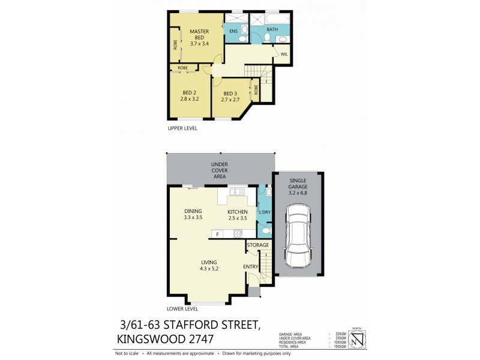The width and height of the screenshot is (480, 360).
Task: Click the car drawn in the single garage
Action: tap(299, 236)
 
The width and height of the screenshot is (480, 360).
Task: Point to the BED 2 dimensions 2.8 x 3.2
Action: tap(190, 98)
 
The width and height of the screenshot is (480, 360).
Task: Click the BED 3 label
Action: tap(230, 94)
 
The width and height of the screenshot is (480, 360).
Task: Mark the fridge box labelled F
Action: tap(217, 233)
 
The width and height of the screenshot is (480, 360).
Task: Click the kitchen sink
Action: tap(235, 192)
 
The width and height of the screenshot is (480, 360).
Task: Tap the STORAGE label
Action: tap(258, 245)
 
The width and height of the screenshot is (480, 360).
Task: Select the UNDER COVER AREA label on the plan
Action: tap(218, 170)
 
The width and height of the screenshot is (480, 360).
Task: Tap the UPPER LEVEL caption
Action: tap(182, 128)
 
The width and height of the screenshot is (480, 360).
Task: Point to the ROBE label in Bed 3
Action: tap(256, 91)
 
